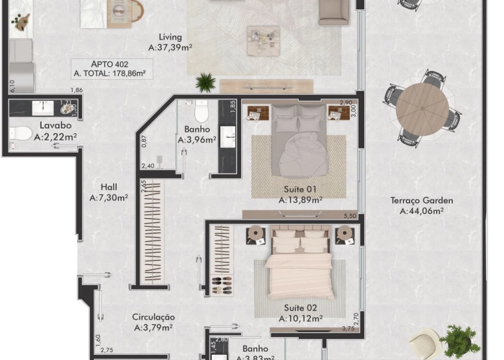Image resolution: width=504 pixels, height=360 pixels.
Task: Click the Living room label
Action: pyautogui.click(x=171, y=37)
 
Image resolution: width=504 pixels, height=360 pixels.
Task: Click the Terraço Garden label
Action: pyautogui.click(x=421, y=200)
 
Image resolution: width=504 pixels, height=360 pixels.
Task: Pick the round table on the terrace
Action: pyautogui.click(x=423, y=107)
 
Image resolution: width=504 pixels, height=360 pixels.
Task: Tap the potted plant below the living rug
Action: pyautogui.click(x=206, y=81)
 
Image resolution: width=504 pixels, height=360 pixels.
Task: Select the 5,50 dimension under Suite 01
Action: pyautogui.click(x=351, y=215)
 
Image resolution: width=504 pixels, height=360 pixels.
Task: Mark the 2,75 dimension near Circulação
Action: pyautogui.click(x=106, y=350)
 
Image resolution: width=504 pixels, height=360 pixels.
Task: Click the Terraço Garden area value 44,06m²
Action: pyautogui.click(x=421, y=211)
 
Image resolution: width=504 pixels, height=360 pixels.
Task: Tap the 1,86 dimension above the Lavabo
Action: pyautogui.click(x=76, y=90)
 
